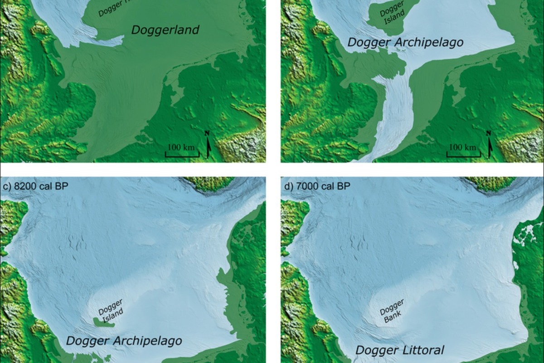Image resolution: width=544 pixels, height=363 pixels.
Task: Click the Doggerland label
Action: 165,30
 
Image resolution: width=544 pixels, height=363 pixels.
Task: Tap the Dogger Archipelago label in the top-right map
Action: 405,43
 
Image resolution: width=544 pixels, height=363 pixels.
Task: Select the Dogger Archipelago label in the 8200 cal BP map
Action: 124,341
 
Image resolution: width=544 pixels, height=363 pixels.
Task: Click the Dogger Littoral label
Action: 399,350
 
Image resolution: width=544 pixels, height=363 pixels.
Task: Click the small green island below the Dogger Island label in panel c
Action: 104,322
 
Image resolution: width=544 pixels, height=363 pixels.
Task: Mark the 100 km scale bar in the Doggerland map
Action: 181,151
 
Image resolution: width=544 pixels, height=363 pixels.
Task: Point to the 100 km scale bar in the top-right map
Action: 463,151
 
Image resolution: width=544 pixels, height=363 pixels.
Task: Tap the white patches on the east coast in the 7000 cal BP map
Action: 526,236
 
